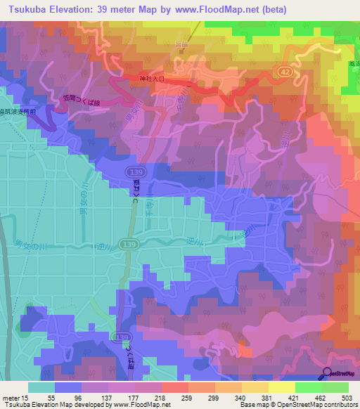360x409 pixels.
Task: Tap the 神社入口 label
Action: [x=152, y=79]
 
